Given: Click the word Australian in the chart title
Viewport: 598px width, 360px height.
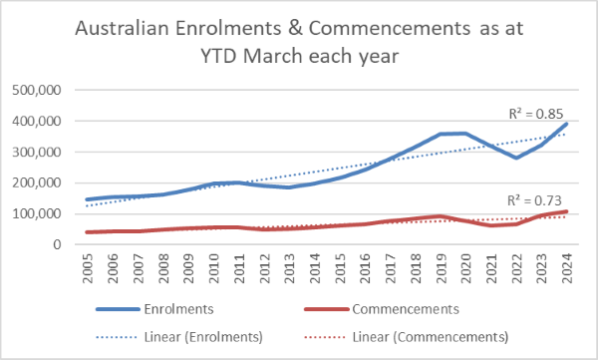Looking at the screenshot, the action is pos(122,28).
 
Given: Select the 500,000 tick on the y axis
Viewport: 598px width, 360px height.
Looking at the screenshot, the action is pos(37,90).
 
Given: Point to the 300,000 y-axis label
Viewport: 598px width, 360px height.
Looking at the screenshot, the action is pos(37,152).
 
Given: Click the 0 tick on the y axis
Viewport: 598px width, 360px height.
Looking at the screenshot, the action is pos(57,244).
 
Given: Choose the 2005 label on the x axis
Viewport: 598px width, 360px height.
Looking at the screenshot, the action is pos(88,268).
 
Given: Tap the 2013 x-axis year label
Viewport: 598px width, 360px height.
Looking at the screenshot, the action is pos(290,268).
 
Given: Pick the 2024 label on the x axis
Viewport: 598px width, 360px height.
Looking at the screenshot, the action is pos(567,268).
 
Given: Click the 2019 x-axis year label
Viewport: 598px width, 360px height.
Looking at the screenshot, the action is pos(442,268).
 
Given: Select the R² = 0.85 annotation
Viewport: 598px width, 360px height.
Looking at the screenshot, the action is pos(536,114).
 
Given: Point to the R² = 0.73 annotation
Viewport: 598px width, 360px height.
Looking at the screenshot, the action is pos(534,200).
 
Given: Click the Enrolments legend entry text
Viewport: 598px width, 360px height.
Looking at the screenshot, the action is pos(178,309).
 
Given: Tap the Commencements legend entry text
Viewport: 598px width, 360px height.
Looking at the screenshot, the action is pos(406,309).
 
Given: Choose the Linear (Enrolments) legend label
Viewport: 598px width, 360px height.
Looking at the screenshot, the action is pos(203,337).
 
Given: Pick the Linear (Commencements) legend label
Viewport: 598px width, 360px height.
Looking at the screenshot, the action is pos(431,337).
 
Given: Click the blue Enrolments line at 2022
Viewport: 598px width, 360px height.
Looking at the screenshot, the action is pos(516,158).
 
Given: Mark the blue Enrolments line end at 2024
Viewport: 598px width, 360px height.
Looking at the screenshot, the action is pos(567,124).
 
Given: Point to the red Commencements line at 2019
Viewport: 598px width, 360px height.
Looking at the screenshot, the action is pos(441,216).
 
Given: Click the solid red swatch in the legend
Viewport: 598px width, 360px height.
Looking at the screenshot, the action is pos(327,309).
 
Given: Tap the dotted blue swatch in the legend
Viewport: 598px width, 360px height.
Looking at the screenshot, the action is pos(117,337).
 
